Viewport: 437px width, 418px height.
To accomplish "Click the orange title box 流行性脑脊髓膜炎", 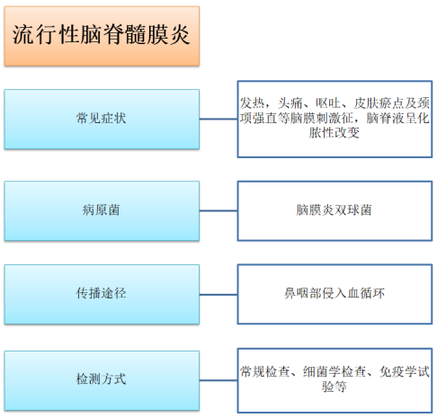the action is pos(102,36).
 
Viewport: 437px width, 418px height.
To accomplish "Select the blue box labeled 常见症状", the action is pos(102,119).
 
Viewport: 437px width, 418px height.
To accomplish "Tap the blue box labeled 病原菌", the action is pos(102,210).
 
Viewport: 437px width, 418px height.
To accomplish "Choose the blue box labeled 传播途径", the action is pos(102,294).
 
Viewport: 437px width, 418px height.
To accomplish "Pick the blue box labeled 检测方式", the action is pos(102,380).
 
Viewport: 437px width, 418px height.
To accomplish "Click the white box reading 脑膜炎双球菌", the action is pos(334,210).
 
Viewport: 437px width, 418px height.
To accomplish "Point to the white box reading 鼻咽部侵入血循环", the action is pos(334,294).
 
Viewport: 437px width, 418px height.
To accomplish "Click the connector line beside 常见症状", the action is pos(218,119).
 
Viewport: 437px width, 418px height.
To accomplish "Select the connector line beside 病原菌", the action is pos(218,210).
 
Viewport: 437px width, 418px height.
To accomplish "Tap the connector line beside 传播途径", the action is pos(218,295).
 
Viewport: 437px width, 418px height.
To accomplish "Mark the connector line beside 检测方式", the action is pos(218,380).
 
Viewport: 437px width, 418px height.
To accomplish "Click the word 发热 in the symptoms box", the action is pos(252,103).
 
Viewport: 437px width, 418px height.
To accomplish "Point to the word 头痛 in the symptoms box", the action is pos(290,103).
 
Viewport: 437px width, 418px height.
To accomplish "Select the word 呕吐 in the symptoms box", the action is pos(328,103).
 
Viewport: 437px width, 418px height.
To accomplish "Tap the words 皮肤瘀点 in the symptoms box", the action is pos(379,103).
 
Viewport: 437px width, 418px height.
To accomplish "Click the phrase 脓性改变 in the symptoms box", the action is pos(334,132).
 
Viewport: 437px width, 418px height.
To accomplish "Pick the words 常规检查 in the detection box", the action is pos(265,372).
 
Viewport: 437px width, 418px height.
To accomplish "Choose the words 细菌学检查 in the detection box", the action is pos(334,372).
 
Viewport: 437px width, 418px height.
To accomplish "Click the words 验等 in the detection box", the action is pos(334,387).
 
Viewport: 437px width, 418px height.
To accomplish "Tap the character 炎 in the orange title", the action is pos(180,35).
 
